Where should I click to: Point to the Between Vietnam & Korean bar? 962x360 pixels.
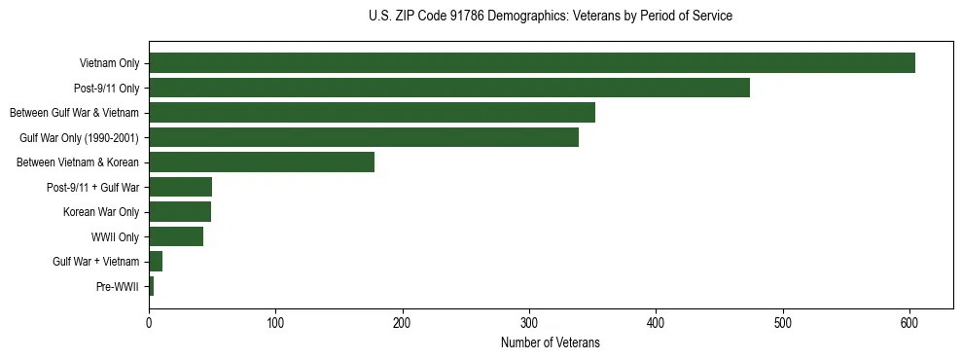click(261, 162)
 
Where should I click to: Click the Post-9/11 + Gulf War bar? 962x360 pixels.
click(180, 187)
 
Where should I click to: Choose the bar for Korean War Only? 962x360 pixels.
click(179, 212)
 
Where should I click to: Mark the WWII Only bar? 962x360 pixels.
click(175, 236)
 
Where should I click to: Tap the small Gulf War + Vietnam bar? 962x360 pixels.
click(156, 262)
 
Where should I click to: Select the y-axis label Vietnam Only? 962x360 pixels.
click(109, 64)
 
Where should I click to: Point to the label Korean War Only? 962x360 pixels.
click(101, 212)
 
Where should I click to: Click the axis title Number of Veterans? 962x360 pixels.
click(550, 342)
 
